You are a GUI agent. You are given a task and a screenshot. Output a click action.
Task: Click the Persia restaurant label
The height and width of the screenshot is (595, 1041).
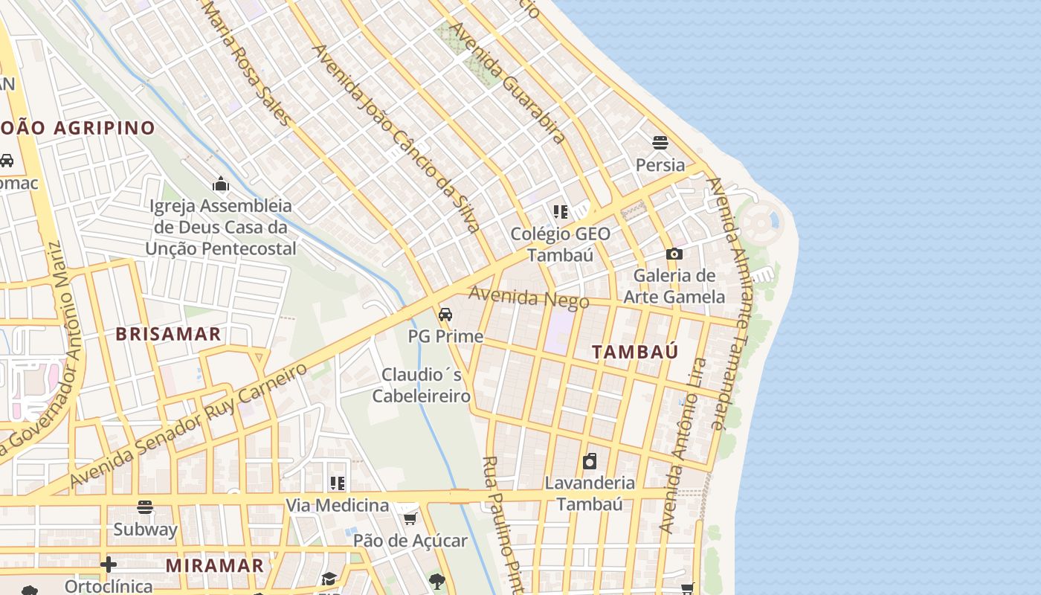660,165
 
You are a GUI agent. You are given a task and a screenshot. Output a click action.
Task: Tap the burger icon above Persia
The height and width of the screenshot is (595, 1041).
660,143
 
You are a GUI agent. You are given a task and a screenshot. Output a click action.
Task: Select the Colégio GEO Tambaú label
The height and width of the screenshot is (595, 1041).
561,245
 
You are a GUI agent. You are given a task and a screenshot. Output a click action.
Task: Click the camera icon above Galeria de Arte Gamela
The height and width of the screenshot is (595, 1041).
674,254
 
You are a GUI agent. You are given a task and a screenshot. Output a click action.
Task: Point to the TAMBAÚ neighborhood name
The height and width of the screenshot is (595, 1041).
635,353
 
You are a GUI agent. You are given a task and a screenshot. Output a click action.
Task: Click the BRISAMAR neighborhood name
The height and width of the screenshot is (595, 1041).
168,335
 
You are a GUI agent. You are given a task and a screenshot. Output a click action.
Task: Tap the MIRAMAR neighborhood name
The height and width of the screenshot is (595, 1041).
214,566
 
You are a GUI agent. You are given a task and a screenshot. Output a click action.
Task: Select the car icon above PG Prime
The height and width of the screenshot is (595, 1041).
445,315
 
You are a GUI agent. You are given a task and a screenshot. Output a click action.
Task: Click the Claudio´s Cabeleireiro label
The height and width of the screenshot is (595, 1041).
422,385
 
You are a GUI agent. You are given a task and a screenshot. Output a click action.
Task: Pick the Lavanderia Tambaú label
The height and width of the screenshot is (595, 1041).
590,494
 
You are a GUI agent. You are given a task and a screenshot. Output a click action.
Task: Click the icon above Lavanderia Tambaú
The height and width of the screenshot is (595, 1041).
590,461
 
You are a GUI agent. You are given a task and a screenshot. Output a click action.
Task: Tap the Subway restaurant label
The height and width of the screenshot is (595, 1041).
145,530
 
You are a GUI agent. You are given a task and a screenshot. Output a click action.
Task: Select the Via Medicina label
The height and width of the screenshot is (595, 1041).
338,506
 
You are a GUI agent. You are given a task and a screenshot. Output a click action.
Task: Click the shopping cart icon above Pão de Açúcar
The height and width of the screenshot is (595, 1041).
410,518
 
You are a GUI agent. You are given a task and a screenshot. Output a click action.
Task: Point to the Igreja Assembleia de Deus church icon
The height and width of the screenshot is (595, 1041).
220,184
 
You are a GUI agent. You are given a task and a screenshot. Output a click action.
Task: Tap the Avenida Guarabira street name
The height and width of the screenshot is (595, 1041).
509,83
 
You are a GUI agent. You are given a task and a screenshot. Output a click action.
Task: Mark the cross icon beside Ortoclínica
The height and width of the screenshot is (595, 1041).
109,565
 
